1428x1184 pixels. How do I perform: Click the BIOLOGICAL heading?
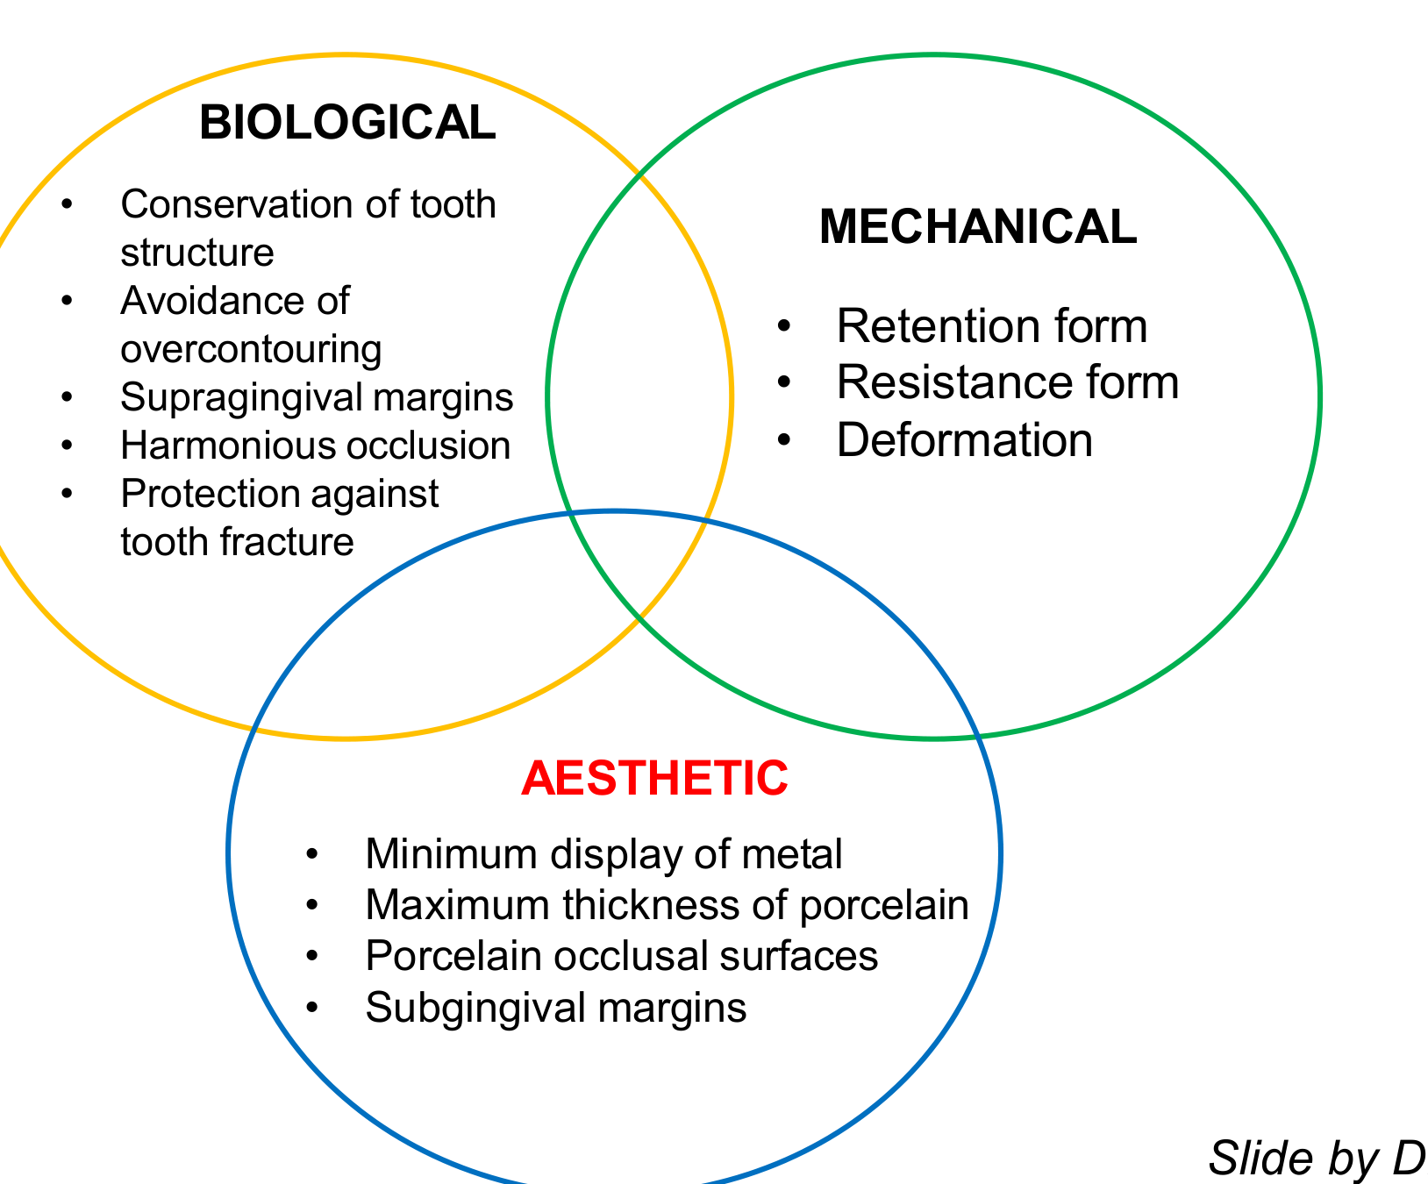click(x=347, y=122)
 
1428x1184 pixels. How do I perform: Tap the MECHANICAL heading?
click(x=978, y=226)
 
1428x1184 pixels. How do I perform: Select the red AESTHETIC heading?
click(x=655, y=778)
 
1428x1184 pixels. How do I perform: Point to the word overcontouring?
click(x=251, y=350)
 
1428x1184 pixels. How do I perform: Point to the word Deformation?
click(x=965, y=439)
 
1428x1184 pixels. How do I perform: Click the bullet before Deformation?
click(x=784, y=440)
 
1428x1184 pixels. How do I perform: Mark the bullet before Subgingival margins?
click(x=312, y=1009)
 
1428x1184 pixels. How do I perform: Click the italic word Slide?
click(x=1249, y=1158)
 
